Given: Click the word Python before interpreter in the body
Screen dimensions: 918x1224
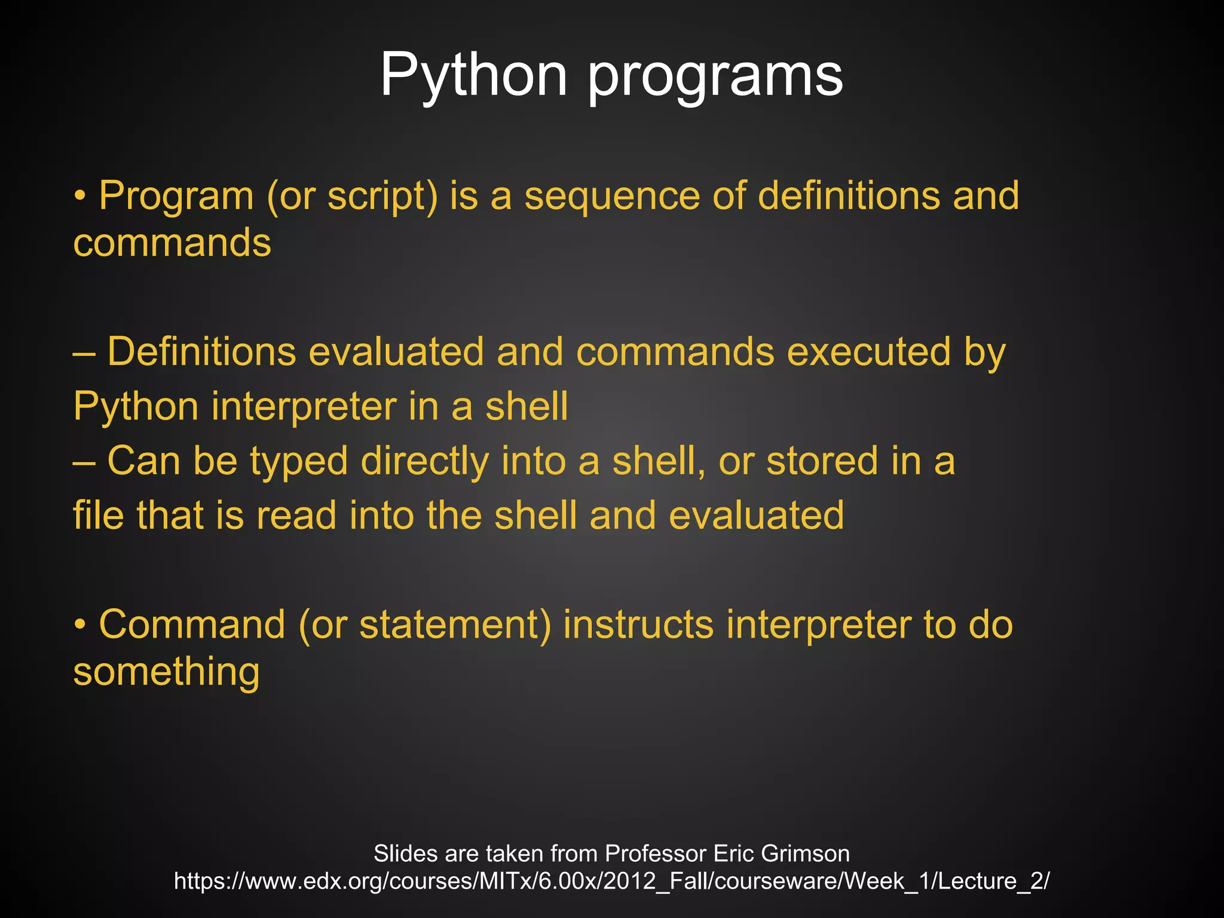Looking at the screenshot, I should click(x=136, y=406).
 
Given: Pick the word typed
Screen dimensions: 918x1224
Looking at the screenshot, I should click(x=299, y=461).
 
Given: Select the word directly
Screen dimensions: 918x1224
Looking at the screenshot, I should click(x=425, y=461).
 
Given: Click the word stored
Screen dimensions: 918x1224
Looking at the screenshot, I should click(x=822, y=461).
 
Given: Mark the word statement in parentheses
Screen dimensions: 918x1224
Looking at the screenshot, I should click(x=454, y=625).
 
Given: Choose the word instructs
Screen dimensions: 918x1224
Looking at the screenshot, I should click(x=638, y=625).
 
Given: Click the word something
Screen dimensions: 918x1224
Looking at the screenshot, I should click(x=166, y=672).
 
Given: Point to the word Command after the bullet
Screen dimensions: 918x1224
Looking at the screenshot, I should click(x=192, y=625).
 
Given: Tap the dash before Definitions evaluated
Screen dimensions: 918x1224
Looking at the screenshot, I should click(x=84, y=353).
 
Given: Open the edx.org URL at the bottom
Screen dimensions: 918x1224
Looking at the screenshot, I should click(x=611, y=881).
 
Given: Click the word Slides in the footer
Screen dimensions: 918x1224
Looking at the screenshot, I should click(x=406, y=853).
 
